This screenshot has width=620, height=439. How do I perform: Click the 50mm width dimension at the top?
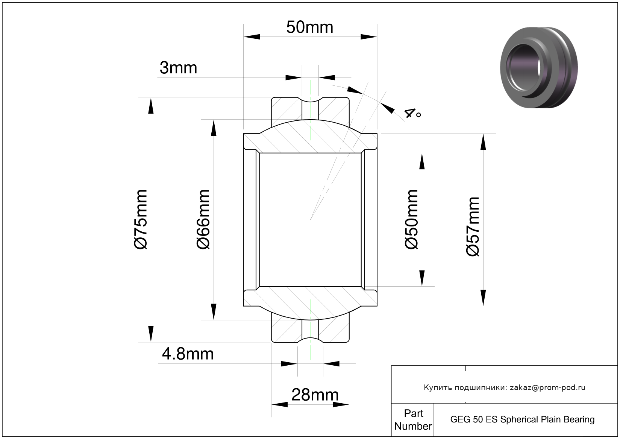point(309,27)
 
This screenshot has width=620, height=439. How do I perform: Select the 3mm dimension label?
point(178,68)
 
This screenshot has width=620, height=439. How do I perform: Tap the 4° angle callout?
point(413,113)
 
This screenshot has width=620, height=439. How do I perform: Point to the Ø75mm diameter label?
point(141,219)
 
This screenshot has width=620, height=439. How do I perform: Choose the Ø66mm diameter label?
point(203,219)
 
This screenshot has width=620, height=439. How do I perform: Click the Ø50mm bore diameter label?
point(411,219)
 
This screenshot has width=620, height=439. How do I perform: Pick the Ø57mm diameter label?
point(473,226)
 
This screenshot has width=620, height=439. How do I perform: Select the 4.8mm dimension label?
point(188,354)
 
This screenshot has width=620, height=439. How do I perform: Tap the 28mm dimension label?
point(315,395)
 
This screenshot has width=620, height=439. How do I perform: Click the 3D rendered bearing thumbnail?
point(539,67)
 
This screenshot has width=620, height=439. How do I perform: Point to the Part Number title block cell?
point(413,419)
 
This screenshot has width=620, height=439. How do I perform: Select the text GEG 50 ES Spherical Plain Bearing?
point(522,419)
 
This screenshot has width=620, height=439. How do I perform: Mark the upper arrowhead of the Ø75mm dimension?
point(151,106)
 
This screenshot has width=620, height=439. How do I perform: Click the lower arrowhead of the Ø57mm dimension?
point(483,298)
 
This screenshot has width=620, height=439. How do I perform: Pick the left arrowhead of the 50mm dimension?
point(252,37)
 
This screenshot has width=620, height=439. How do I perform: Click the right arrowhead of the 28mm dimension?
point(341,405)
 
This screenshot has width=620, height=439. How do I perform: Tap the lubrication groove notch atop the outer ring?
point(310,99)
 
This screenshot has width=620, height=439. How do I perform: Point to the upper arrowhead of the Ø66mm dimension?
point(214,128)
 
